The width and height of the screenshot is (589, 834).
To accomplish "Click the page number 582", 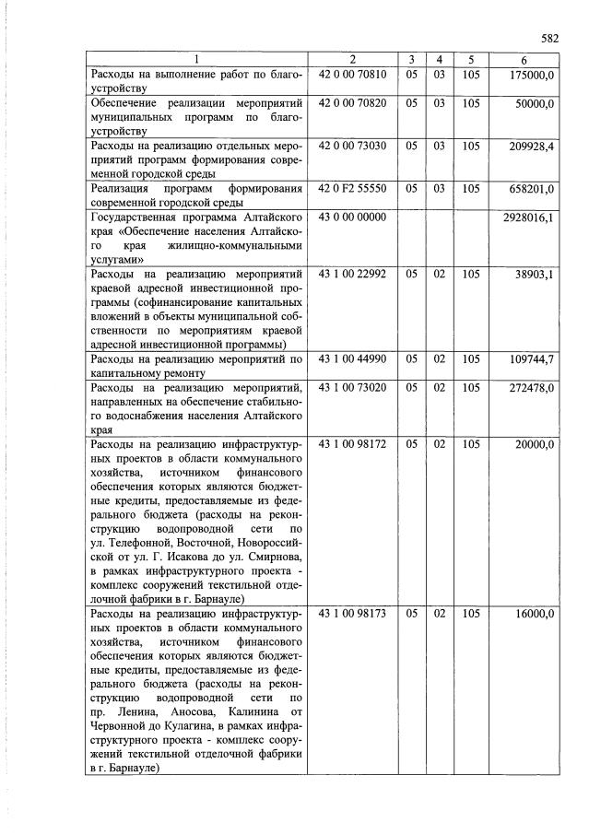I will click(x=550, y=39).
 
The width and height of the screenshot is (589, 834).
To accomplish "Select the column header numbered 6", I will click(x=524, y=60).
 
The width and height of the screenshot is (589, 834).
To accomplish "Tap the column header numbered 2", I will click(x=352, y=60).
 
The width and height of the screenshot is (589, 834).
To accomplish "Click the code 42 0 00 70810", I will click(x=352, y=75).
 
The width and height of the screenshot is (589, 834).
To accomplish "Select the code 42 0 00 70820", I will click(x=352, y=104).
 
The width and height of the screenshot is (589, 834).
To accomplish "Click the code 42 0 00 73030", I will click(x=352, y=146).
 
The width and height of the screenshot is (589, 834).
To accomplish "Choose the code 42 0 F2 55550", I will click(x=352, y=188).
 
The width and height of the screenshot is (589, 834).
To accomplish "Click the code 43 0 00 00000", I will click(x=352, y=217).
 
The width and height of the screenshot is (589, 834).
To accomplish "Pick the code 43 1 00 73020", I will click(x=352, y=387).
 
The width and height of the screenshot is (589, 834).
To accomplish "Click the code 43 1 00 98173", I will click(x=352, y=613).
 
